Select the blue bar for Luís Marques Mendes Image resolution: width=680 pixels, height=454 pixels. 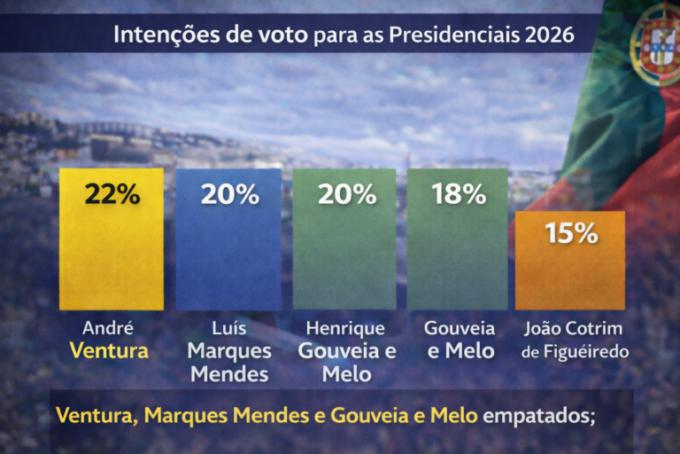(228, 253)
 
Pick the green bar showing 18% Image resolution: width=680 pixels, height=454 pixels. (458, 253)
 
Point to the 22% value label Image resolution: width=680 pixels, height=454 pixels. (112, 194)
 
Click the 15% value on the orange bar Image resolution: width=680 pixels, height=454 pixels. (571, 233)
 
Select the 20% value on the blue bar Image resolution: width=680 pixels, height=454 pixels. (228, 194)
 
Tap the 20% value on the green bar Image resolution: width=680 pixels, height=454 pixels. (346, 194)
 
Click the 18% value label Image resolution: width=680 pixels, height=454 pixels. (459, 194)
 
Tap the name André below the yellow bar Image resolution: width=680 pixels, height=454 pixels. (108, 328)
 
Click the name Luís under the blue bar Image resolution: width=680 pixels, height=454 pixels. (228, 328)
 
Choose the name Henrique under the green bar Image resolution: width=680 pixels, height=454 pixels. (345, 328)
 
